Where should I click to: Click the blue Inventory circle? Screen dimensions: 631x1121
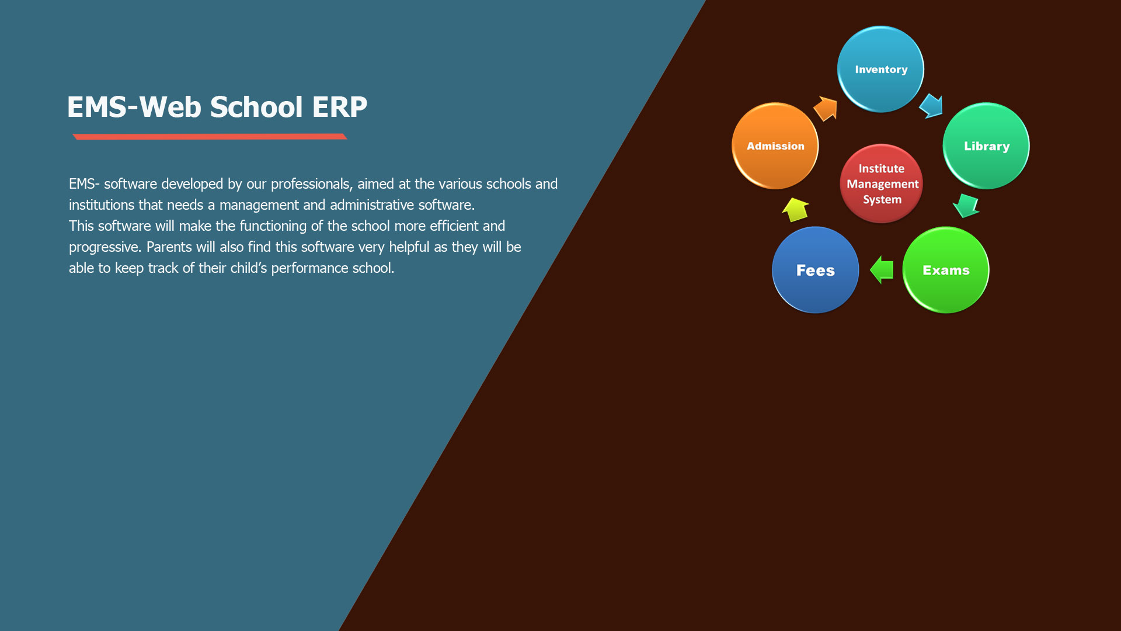(880, 69)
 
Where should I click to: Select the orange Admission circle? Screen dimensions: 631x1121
(775, 146)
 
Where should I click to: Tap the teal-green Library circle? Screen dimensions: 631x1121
(986, 146)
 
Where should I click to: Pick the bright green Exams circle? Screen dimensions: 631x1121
(946, 270)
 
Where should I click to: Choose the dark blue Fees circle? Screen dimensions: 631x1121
(815, 270)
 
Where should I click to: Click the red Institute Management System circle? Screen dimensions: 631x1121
(881, 183)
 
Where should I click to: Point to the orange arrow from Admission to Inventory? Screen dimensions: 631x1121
(826, 109)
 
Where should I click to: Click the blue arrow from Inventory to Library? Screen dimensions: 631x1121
(931, 106)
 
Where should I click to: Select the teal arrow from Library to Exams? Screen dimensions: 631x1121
(966, 206)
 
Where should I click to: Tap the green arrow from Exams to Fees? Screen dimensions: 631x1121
(882, 270)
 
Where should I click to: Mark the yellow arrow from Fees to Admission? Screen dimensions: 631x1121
(795, 209)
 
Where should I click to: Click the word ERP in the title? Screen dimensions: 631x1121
(339, 107)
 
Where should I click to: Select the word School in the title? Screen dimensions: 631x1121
(256, 107)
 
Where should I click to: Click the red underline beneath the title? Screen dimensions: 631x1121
(210, 137)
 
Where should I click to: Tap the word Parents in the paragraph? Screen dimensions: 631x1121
(169, 247)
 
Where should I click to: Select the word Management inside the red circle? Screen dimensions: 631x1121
(882, 184)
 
